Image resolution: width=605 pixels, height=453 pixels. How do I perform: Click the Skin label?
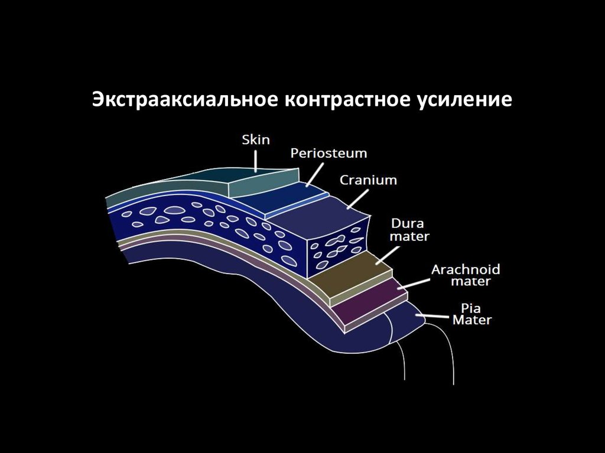(x=256, y=140)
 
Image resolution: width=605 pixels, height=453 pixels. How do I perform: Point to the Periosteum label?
(x=328, y=154)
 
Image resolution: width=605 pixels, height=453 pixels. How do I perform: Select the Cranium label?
(x=368, y=180)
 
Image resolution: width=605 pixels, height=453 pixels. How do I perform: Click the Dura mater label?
(x=409, y=230)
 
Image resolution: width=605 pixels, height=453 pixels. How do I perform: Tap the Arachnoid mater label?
(x=466, y=275)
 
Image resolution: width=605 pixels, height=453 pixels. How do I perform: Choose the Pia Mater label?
(x=472, y=314)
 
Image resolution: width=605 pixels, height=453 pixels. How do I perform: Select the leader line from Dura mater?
(x=387, y=252)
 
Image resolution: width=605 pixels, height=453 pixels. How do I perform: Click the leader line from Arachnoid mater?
(x=414, y=283)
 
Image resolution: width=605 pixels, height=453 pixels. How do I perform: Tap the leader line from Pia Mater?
(x=435, y=317)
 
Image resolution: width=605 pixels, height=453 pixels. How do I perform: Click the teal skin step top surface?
(x=263, y=180)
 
